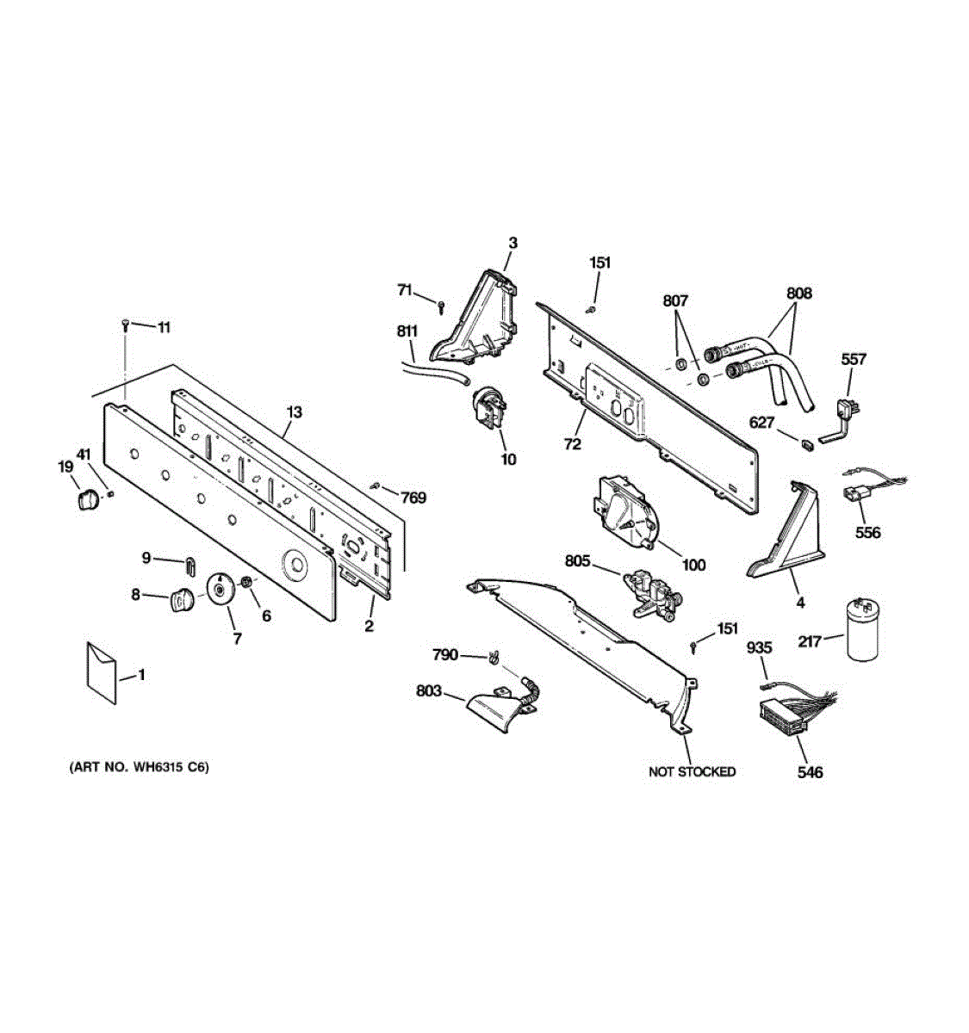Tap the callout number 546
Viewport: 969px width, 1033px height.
click(810, 772)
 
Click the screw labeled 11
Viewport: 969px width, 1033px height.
click(127, 325)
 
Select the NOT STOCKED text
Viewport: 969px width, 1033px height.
click(692, 772)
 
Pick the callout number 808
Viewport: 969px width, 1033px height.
click(798, 294)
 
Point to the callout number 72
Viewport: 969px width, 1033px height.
click(572, 444)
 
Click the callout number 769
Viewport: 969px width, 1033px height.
click(413, 498)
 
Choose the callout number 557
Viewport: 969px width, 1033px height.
click(853, 359)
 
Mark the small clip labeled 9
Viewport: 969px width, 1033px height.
click(189, 564)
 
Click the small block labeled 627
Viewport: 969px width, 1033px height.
click(807, 444)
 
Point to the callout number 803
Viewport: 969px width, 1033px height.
click(428, 690)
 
